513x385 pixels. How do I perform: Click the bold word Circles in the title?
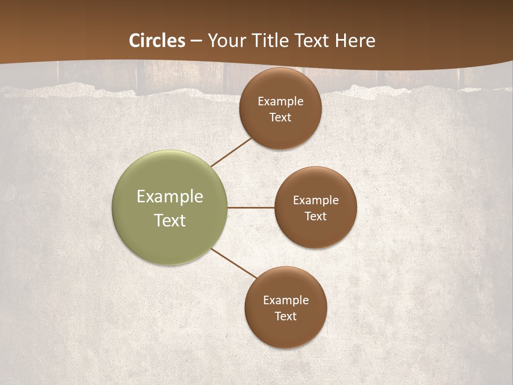pos(157,41)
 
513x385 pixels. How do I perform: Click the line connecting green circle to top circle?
pos(231,152)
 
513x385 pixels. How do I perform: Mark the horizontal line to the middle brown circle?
pos(251,207)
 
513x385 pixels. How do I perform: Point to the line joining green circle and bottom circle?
pos(234,263)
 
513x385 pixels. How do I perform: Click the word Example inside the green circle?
pos(170,197)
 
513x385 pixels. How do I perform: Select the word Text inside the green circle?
pos(170,220)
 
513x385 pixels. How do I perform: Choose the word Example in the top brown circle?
pos(281,102)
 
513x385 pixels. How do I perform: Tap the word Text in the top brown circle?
pos(281,118)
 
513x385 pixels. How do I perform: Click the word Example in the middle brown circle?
pos(316,201)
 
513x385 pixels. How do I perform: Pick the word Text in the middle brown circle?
pos(316,217)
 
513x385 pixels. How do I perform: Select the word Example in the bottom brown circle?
pos(286,301)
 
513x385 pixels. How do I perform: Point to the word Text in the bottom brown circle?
pos(286,317)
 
